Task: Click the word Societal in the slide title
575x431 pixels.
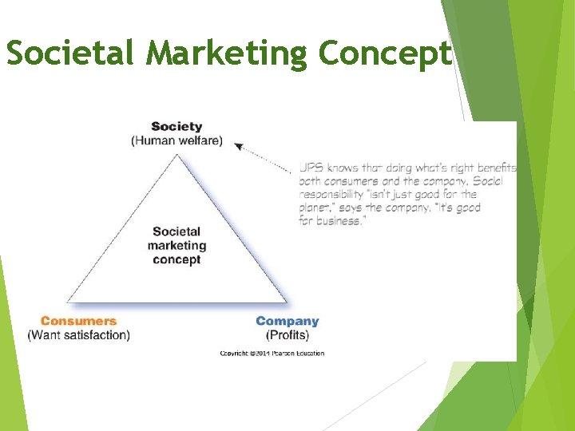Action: click(70, 54)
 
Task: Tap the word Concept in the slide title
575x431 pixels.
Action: click(385, 54)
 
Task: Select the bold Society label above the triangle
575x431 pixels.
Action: click(176, 126)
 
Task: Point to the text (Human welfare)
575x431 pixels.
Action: click(176, 141)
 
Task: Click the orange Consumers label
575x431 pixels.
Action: click(78, 321)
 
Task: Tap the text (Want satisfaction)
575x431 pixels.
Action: click(78, 335)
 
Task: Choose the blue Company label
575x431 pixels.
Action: click(287, 321)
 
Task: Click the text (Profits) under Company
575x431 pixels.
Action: click(287, 335)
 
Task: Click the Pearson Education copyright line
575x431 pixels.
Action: click(272, 353)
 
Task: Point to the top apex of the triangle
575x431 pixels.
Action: click(177, 154)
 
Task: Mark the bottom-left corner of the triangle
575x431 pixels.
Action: click(68, 302)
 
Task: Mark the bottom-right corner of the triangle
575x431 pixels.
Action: click(286, 302)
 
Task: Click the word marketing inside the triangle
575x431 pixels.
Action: click(176, 246)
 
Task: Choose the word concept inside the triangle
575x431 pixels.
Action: click(176, 259)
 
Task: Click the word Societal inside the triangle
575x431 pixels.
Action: click(176, 232)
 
